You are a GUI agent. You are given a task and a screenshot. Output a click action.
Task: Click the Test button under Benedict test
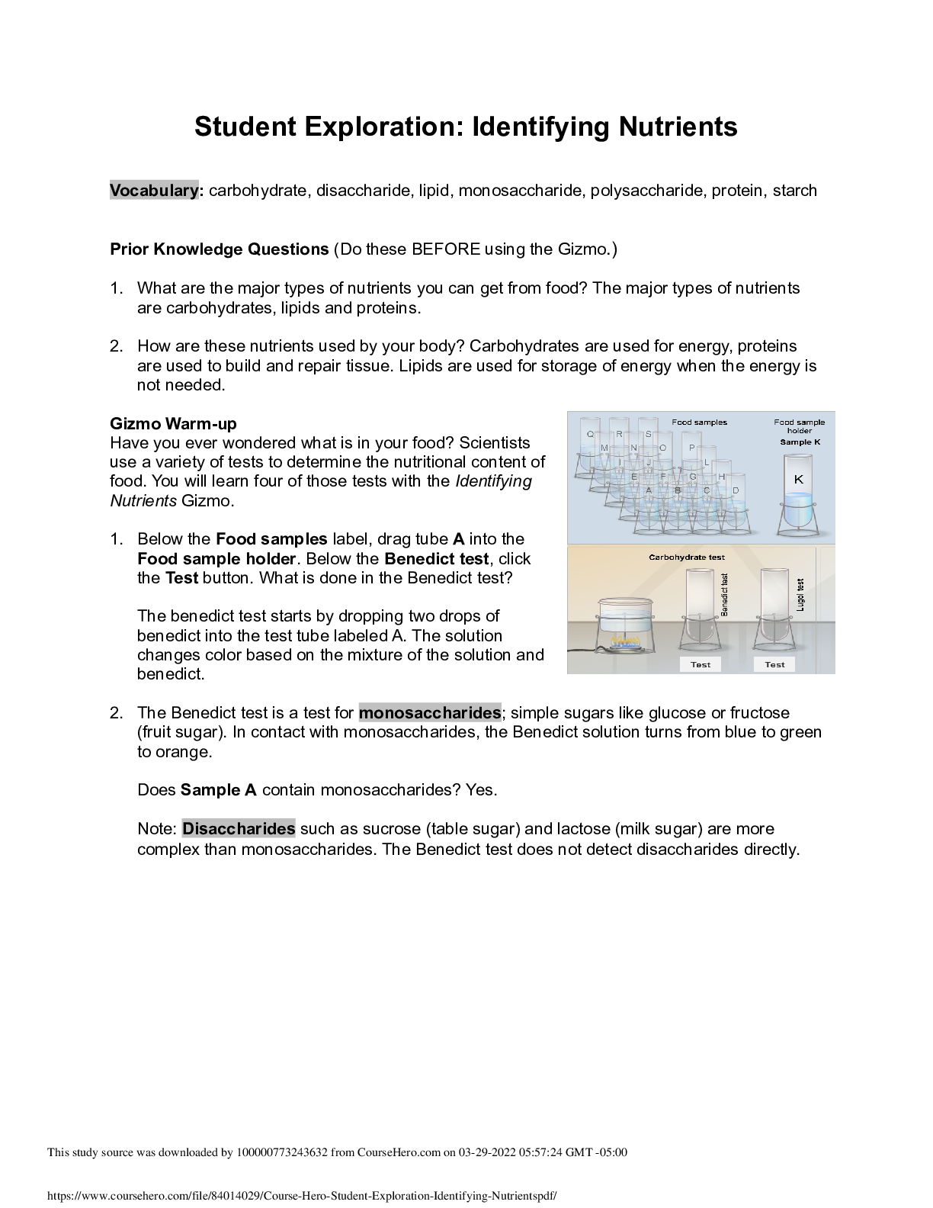(701, 664)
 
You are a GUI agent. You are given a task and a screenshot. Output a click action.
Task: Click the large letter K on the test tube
(799, 479)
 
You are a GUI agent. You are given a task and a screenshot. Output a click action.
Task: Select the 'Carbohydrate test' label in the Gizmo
(687, 557)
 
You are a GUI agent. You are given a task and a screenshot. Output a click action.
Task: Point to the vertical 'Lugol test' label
(800, 595)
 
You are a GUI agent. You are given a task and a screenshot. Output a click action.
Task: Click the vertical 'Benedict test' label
(725, 595)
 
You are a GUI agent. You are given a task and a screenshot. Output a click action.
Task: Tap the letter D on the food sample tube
(736, 490)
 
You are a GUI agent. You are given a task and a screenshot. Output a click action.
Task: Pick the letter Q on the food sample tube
(590, 434)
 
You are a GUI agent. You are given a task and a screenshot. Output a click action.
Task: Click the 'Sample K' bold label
(800, 442)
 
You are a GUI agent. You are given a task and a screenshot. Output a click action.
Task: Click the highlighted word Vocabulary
(154, 190)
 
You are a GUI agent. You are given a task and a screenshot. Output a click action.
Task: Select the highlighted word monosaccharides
(430, 713)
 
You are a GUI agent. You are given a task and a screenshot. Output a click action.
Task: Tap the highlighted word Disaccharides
(239, 828)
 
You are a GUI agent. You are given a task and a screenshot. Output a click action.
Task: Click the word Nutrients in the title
(678, 126)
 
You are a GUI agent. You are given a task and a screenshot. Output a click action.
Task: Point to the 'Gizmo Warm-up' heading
(173, 423)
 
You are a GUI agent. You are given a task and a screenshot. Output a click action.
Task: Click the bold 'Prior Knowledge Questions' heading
(220, 249)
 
